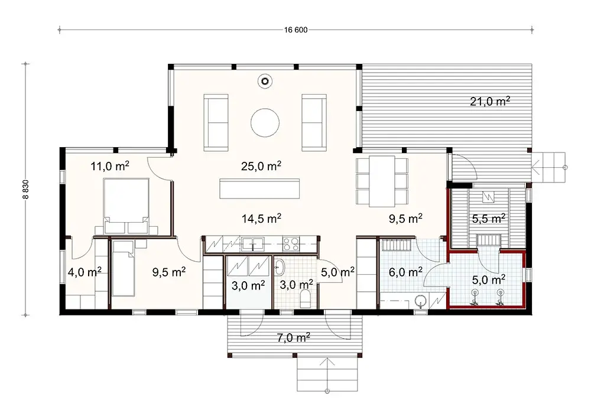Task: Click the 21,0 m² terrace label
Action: [490, 101]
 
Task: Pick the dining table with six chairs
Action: [382, 181]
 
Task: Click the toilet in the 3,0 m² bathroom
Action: [306, 298]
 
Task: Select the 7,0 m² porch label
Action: [294, 338]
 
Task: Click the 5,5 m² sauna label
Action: [488, 218]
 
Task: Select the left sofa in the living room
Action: [216, 122]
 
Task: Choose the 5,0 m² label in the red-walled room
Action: [488, 278]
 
